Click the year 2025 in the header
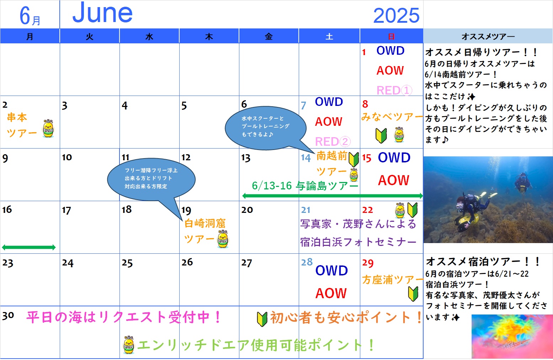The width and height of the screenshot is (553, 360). tap(396, 15)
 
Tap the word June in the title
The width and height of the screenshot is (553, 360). tap(102, 12)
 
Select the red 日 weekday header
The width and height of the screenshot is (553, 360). tap(391, 37)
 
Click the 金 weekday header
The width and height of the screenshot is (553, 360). tap(268, 37)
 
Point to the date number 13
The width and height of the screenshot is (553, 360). tap(246, 158)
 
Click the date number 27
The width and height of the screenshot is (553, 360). tap(247, 263)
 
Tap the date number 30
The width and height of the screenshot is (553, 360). tap(8, 315)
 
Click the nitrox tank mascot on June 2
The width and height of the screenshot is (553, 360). tap(48, 128)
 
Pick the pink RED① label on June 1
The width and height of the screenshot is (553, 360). tap(394, 90)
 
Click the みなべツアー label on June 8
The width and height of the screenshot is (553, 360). tap(392, 117)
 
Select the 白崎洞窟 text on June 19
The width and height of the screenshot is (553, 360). tap(205, 223)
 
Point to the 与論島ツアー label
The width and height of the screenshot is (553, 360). tap(327, 186)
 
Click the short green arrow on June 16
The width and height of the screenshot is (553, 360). tap(29, 247)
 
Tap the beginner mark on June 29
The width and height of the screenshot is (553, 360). tap(413, 294)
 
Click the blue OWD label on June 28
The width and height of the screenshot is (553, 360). tap(331, 270)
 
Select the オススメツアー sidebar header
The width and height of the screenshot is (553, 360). tap(488, 37)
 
